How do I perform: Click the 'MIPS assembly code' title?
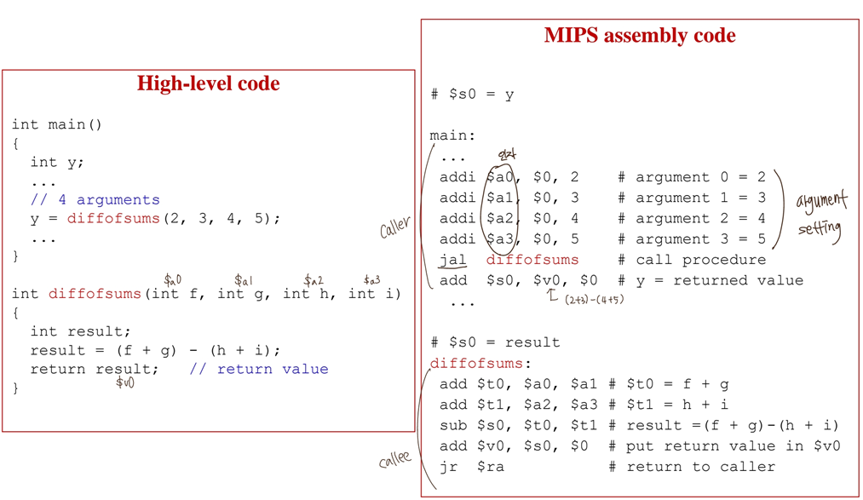[x=640, y=36]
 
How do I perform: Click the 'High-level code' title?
[x=208, y=83]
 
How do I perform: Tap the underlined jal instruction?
[x=452, y=260]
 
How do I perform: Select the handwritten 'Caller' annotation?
[x=395, y=227]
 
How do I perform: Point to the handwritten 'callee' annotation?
[x=394, y=460]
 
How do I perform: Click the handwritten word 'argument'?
[x=821, y=203]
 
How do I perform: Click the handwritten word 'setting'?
[x=820, y=229]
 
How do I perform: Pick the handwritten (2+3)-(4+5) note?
[x=594, y=299]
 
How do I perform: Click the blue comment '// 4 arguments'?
[x=95, y=199]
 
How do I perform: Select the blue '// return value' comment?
[x=258, y=369]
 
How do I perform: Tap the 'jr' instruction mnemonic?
[x=448, y=466]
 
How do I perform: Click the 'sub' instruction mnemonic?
[x=452, y=425]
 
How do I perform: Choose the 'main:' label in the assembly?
[x=452, y=135]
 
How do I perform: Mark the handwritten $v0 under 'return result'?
[x=124, y=382]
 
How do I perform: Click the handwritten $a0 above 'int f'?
[x=172, y=279]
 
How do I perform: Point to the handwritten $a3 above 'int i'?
[x=371, y=279]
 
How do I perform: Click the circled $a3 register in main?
[x=501, y=239]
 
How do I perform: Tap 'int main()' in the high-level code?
[x=56, y=124]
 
